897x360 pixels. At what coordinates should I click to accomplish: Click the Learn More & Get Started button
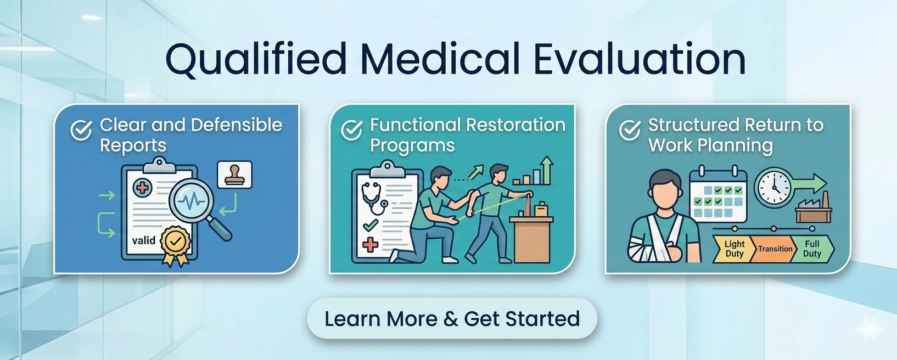(452, 318)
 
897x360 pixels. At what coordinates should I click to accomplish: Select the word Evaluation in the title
(640, 59)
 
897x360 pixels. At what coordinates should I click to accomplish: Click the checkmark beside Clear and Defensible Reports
(81, 130)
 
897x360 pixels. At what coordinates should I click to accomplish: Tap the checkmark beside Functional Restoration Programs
(351, 130)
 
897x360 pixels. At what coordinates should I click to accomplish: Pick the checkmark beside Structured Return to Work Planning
(630, 130)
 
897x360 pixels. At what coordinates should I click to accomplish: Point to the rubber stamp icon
(234, 175)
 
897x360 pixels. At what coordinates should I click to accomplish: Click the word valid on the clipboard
(144, 240)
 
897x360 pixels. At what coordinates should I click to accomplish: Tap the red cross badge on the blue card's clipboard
(143, 188)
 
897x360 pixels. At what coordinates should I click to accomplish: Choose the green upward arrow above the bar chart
(546, 170)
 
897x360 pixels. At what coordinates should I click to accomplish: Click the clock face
(773, 188)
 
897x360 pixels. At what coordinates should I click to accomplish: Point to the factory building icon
(814, 208)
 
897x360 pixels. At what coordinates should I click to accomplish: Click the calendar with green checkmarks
(718, 194)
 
